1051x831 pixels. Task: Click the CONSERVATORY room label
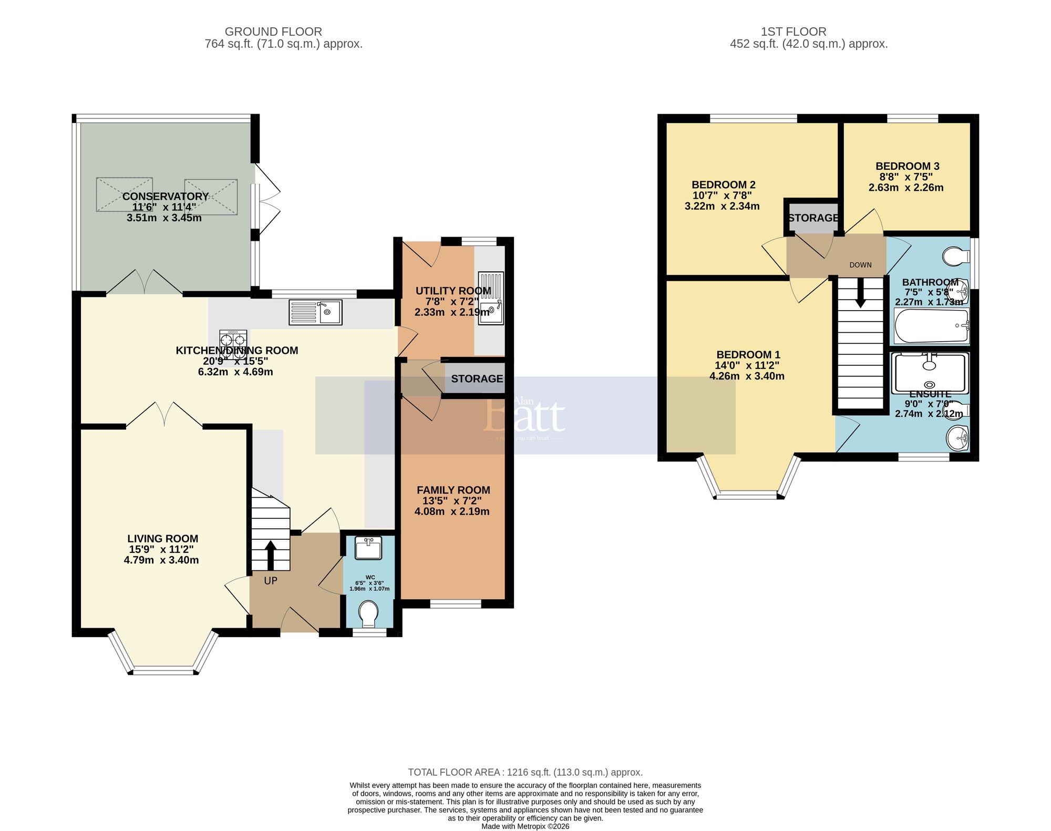tap(166, 196)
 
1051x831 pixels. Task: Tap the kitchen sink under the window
tap(315, 312)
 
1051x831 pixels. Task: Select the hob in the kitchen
tap(233, 344)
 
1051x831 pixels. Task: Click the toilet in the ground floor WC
tap(368, 613)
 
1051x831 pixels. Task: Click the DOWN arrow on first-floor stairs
tap(860, 292)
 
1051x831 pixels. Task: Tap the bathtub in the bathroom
tap(931, 326)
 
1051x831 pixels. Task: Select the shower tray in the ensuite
tap(930, 373)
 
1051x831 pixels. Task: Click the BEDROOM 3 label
tap(907, 166)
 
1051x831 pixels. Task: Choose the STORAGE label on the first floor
tap(812, 218)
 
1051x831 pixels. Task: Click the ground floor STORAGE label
tap(477, 378)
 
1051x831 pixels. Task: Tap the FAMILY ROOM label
tap(453, 490)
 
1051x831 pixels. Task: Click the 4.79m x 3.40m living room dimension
tap(161, 560)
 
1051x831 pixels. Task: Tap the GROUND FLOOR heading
tap(273, 32)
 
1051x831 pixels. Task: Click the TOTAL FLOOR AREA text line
tap(525, 772)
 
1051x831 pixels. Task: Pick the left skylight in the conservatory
tap(125, 194)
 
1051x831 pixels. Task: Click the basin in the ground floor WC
tap(368, 548)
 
